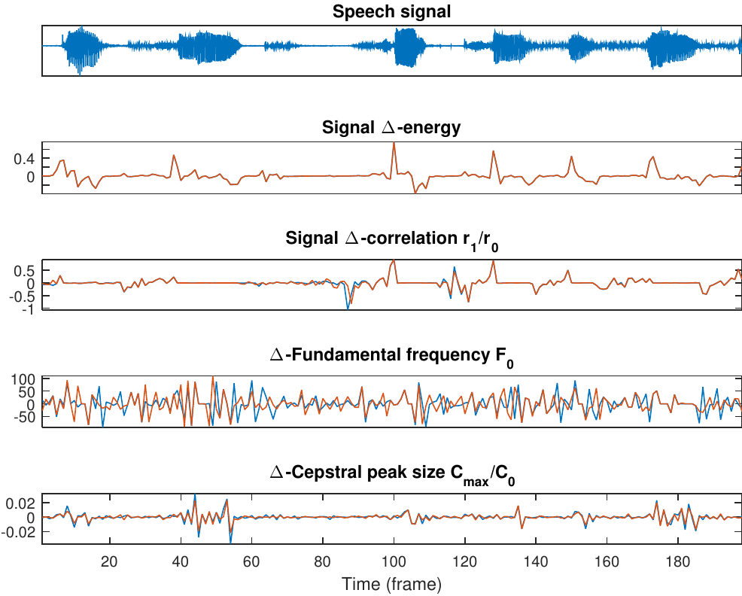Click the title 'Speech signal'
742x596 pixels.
pos(391,12)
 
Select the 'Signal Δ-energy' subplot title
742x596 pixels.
pos(391,128)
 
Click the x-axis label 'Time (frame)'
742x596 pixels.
pos(391,584)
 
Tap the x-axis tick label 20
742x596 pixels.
pos(109,561)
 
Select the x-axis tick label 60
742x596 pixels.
pos(251,561)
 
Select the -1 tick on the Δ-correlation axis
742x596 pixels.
pos(30,308)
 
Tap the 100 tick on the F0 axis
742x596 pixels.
pos(24,379)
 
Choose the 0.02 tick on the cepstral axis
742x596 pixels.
pos(21,502)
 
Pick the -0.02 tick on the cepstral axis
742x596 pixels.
pos(19,532)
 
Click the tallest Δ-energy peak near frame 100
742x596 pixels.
pos(394,143)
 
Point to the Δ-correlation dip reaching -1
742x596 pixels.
pos(348,308)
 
